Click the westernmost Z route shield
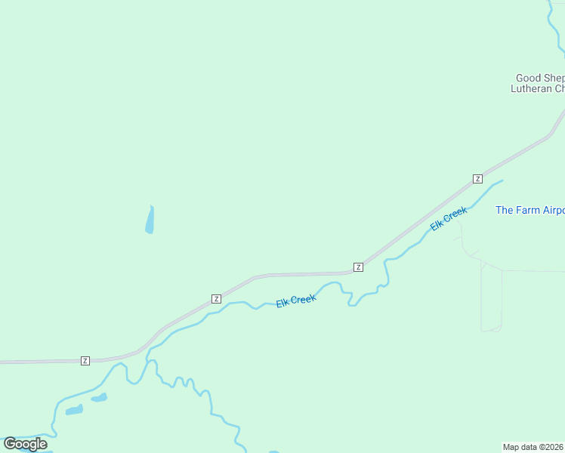[x=85, y=361]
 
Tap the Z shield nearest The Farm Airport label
[x=477, y=178]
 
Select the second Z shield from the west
[x=216, y=298]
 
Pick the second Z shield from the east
[x=358, y=267]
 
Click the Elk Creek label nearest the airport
[x=449, y=218]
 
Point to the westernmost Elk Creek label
[x=295, y=300]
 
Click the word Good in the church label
[x=528, y=78]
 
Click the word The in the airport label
[x=504, y=210]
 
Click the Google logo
[x=26, y=443]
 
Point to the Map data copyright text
[x=533, y=446]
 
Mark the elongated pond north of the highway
[x=150, y=220]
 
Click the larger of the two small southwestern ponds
[x=74, y=410]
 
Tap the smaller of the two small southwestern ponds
[x=100, y=397]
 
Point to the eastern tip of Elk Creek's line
[x=502, y=180]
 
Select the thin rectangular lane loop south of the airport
[x=491, y=300]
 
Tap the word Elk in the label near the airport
[x=437, y=224]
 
